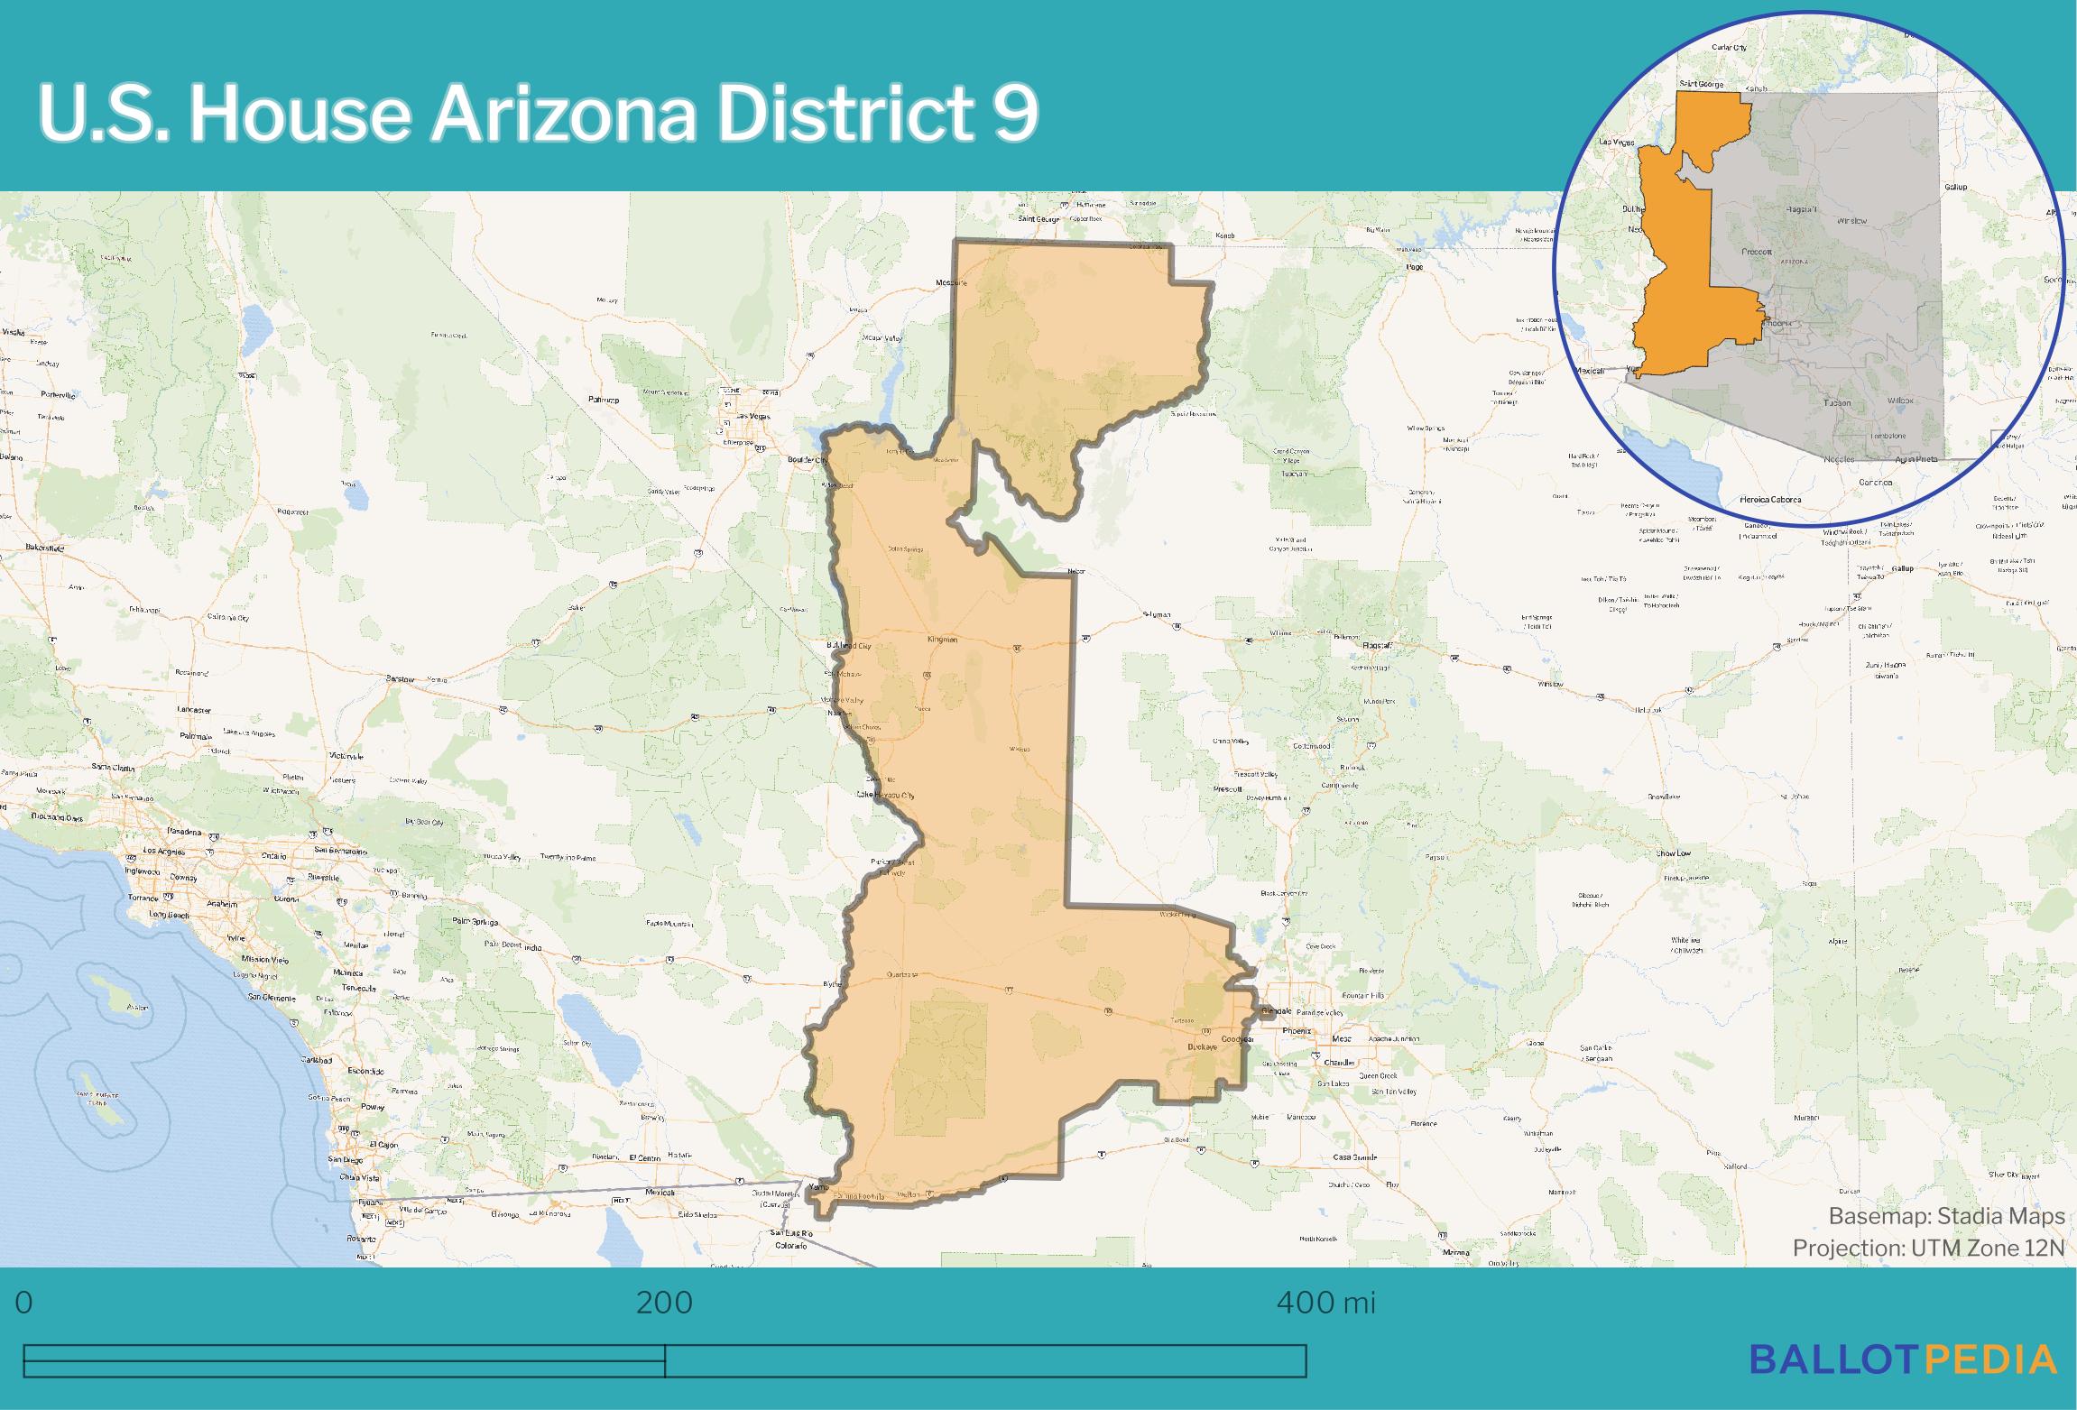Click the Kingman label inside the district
pos(942,639)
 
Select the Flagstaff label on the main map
pos(1377,645)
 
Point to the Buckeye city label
pos(1198,1047)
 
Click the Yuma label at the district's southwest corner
pos(817,1187)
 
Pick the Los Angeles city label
pos(163,852)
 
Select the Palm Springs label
pos(475,921)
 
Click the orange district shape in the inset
pos(1678,271)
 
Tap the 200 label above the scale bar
pos(664,1303)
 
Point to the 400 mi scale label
pos(1325,1303)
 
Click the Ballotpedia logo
pos(1904,1359)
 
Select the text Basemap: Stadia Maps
pos(1946,1216)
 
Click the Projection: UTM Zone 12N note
pos(1928,1248)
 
